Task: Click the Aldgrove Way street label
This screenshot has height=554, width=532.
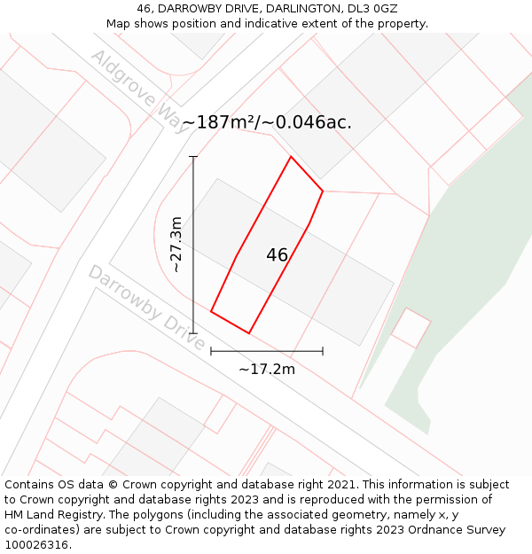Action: tap(139, 91)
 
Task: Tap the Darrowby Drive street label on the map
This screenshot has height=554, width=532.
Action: tap(145, 306)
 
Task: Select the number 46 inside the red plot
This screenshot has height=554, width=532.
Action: tap(277, 255)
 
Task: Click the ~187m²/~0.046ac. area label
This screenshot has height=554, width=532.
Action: tap(266, 122)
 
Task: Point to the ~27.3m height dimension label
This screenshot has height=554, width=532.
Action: tap(176, 244)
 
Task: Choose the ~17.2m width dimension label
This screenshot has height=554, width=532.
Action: tap(266, 369)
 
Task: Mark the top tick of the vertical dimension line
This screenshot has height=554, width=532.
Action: tap(193, 157)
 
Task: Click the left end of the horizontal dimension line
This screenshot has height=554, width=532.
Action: tap(211, 351)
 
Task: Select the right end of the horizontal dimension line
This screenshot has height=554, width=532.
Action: tap(323, 351)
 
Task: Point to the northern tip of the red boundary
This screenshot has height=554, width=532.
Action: tap(291, 157)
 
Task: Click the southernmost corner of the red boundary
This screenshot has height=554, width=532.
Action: tap(249, 333)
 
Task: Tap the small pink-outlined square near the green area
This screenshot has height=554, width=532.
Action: tap(411, 328)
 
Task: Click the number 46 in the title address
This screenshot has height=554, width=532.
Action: tap(145, 9)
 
